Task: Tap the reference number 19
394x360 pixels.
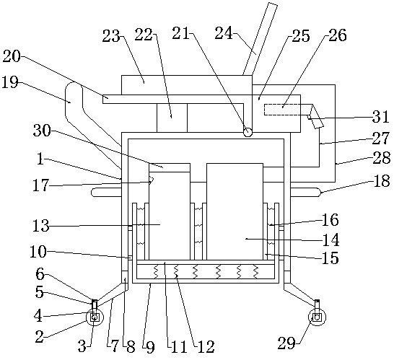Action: [x=10, y=82]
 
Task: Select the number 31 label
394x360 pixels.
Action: [x=380, y=116]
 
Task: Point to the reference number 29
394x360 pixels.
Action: [x=286, y=343]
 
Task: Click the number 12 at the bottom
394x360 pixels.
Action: [x=206, y=347]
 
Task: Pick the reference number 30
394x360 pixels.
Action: [x=42, y=131]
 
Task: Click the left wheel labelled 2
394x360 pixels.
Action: [x=95, y=317]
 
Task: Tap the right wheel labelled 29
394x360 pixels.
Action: [x=317, y=317]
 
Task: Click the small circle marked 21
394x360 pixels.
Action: [x=248, y=131]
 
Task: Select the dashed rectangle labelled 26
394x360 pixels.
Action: [x=282, y=110]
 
